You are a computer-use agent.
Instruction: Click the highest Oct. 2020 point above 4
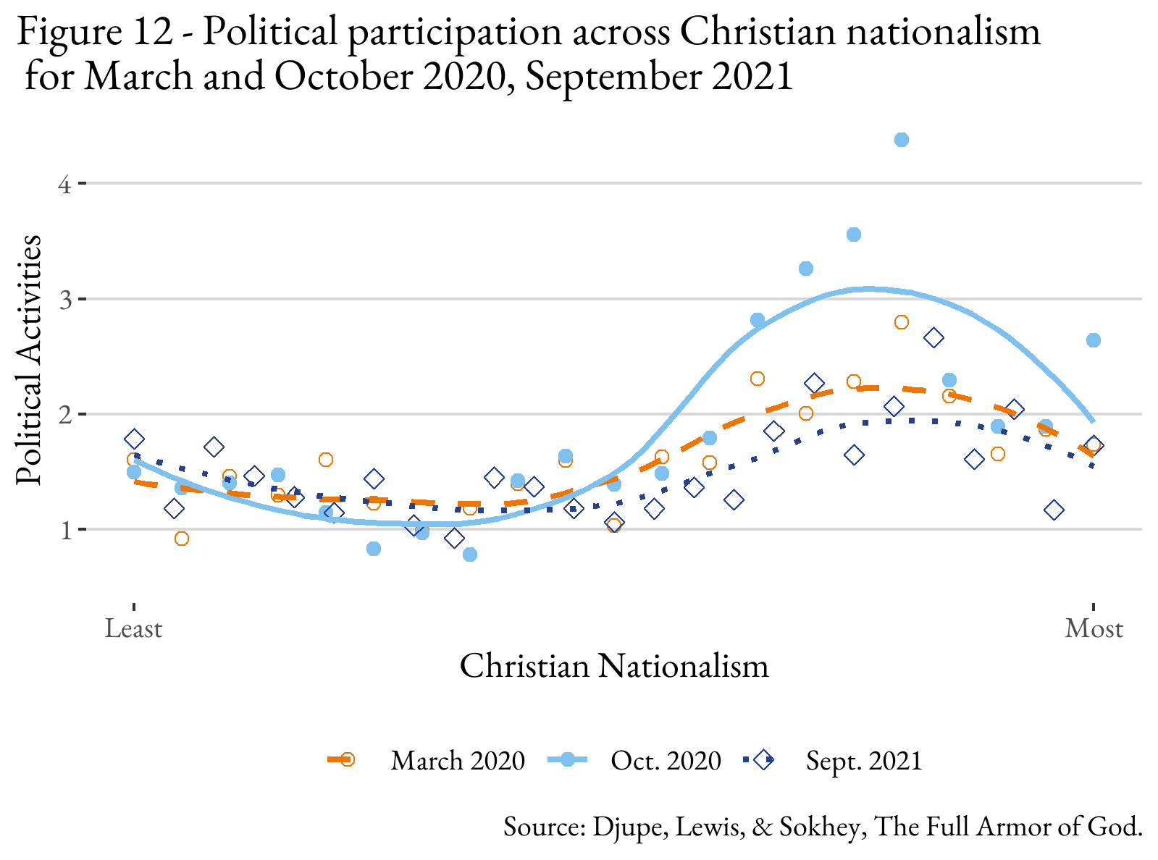[x=901, y=140]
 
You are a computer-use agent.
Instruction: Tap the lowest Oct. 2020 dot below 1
[x=469, y=555]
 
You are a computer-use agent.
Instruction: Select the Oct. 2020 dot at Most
[x=1094, y=340]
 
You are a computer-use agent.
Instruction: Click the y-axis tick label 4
[x=64, y=184]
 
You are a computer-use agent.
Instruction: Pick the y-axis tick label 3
[x=64, y=299]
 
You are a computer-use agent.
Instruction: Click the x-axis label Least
[x=133, y=628]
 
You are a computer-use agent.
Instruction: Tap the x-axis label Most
[x=1094, y=628]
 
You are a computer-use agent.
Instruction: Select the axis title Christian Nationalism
[x=614, y=666]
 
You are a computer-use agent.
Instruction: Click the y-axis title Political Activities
[x=30, y=361]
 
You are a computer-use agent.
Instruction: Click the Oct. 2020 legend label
[x=666, y=760]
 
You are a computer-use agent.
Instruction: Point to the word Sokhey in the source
[x=818, y=826]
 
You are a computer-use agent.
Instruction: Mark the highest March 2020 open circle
[x=901, y=322]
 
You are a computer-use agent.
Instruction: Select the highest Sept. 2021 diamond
[x=933, y=338]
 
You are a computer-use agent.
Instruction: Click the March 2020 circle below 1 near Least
[x=182, y=539]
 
